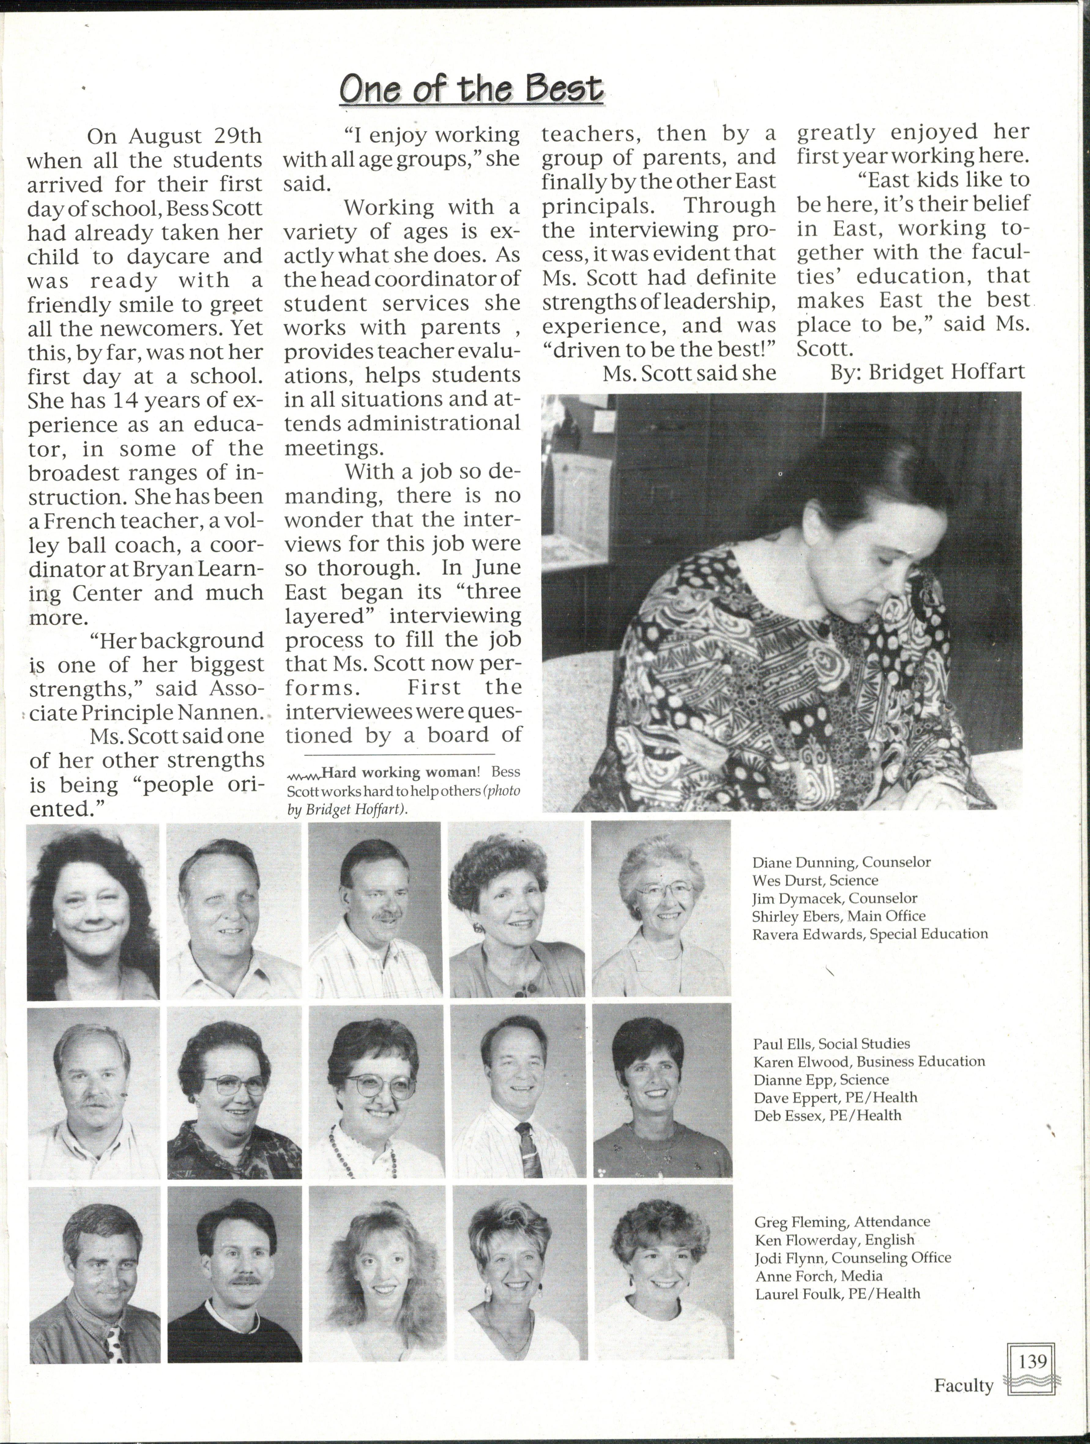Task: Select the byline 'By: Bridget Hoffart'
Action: pyautogui.click(x=927, y=372)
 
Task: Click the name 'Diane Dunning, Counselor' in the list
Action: pyautogui.click(x=841, y=862)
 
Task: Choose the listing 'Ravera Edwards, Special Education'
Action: pyautogui.click(x=870, y=934)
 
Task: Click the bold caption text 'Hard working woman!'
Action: pyautogui.click(x=400, y=772)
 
